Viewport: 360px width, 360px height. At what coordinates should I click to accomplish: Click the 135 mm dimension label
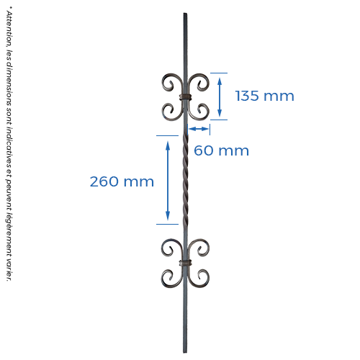(264, 96)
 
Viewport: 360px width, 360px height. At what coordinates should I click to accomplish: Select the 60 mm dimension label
(221, 150)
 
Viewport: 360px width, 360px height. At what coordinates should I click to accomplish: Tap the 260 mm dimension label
(122, 181)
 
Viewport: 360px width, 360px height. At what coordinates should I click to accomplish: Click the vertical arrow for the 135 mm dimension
(220, 96)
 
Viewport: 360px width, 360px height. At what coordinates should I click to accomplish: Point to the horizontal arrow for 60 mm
(199, 129)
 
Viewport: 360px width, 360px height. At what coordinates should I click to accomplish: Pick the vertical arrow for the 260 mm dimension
(168, 181)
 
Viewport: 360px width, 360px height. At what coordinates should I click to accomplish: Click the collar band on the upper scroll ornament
(186, 97)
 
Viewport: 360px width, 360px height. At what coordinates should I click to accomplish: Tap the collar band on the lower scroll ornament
(186, 263)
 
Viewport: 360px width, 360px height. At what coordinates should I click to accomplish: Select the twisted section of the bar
(185, 180)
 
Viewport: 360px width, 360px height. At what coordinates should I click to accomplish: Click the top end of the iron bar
(185, 14)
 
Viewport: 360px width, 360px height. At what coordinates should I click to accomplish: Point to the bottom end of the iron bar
(185, 352)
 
